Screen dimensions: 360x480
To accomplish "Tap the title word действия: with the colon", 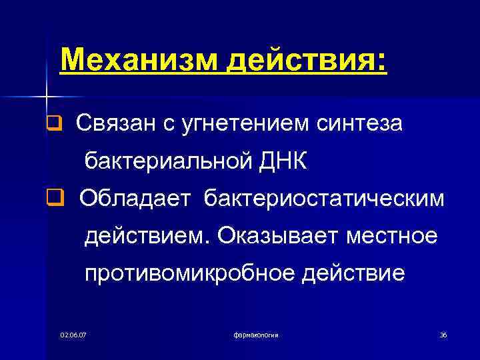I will click(306, 62).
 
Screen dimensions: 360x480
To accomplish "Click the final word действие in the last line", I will click(353, 273).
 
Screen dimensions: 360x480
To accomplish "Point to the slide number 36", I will click(443, 334).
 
